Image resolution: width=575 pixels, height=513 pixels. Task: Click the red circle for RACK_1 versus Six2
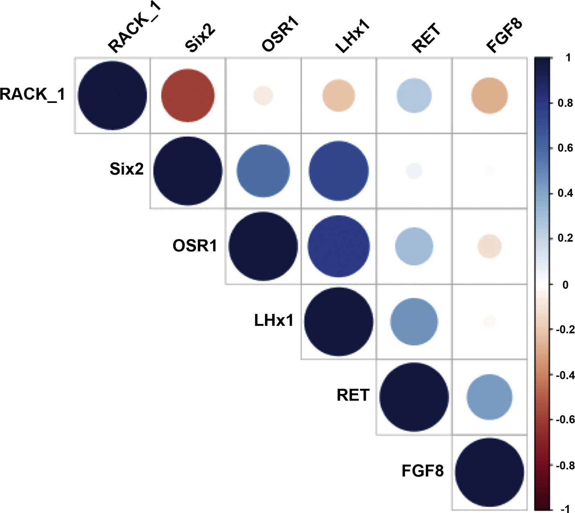188,96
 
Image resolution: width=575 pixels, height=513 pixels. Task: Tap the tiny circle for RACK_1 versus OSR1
263,96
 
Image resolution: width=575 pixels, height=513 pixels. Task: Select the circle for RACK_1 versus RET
414,96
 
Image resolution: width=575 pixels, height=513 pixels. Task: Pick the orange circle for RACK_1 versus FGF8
490,96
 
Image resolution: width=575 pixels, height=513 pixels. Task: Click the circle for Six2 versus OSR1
263,171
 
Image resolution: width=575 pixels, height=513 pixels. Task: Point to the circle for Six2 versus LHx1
338,171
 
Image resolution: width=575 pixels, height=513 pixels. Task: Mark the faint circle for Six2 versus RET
414,171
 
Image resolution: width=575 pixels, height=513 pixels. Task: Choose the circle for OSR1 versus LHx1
338,246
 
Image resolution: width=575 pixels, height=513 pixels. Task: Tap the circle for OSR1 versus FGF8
490,246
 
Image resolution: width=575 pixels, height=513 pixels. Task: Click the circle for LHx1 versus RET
414,322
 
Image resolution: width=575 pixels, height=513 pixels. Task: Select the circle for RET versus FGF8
490,397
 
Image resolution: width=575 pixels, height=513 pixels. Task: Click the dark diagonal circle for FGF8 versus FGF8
490,472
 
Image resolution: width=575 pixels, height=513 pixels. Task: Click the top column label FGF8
504,35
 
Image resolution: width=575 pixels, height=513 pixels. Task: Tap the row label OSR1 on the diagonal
195,246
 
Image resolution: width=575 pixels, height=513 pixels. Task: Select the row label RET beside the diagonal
353,395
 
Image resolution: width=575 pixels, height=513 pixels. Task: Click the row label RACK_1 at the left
32,95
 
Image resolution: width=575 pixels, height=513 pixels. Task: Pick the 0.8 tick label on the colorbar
565,103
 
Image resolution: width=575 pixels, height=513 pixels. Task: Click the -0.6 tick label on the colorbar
564,420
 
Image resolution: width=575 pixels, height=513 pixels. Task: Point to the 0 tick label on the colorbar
565,285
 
